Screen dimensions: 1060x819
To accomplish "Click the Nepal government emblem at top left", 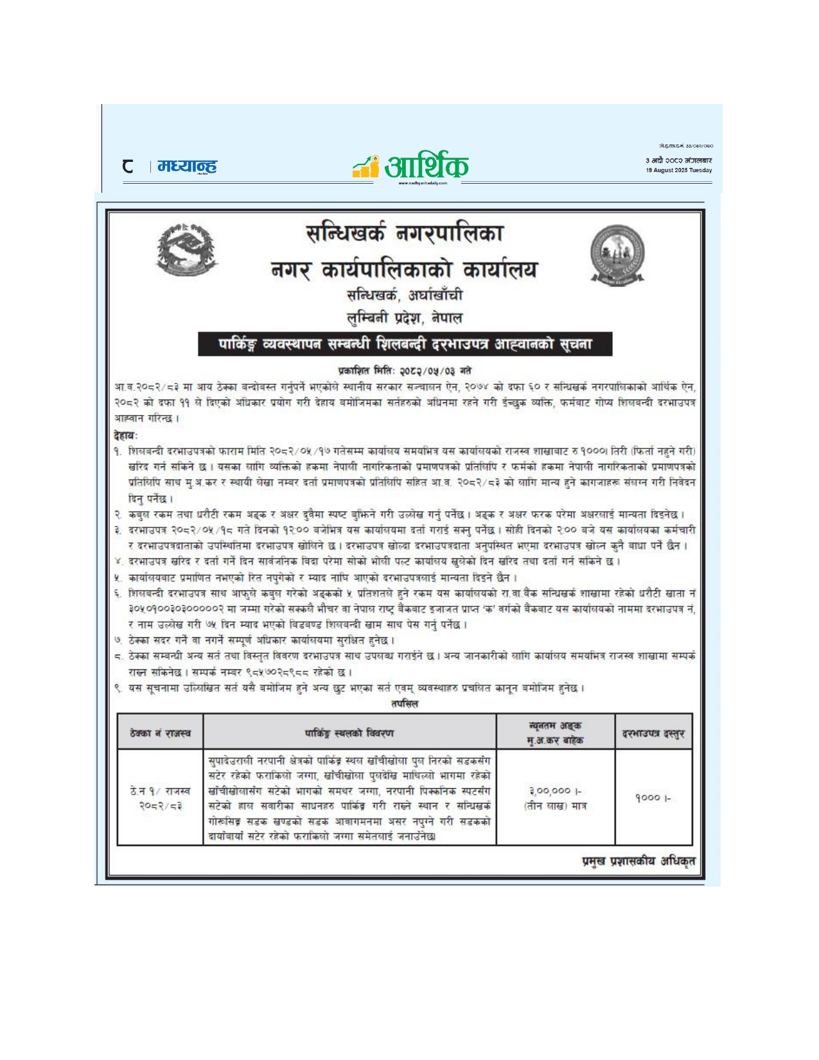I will [187, 251].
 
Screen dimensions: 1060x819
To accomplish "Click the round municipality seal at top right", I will [617, 256].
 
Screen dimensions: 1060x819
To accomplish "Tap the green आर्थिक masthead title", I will [426, 166].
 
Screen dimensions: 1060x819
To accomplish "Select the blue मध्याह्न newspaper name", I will [187, 166].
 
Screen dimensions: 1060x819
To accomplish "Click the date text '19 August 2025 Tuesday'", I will [678, 171].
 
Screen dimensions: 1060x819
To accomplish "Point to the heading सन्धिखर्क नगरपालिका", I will [404, 233].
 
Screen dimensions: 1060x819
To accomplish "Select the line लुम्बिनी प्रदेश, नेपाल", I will [404, 318].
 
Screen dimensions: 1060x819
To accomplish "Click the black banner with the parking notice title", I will [405, 344].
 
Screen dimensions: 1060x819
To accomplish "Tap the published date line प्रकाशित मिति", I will [404, 371].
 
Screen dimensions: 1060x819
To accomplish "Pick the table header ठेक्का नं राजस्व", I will [160, 733].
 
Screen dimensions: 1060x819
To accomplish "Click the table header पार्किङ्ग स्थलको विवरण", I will [349, 733].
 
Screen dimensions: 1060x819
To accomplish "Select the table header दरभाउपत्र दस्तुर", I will [653, 733].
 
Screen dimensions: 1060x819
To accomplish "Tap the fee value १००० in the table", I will [653, 798].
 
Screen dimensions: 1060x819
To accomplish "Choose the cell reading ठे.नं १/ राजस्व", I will [160, 791].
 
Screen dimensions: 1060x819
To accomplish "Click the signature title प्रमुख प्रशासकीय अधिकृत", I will [638, 861].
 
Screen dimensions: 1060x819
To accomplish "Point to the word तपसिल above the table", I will [405, 704].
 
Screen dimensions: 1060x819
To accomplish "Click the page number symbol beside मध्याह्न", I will [128, 166].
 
